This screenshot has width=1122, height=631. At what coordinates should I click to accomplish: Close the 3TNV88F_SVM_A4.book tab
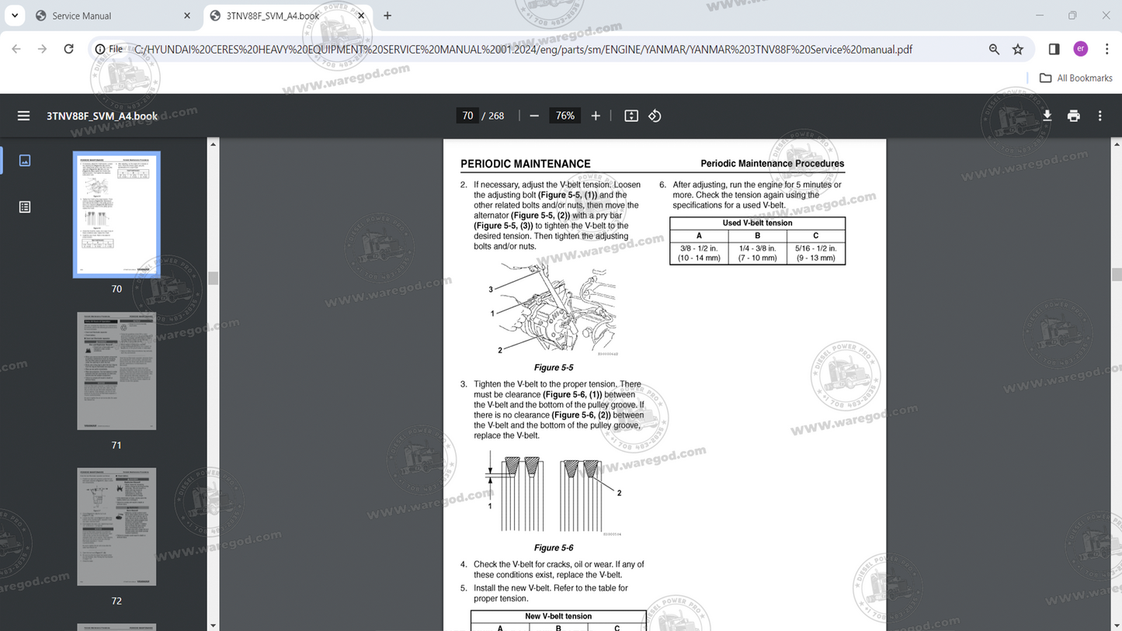361,16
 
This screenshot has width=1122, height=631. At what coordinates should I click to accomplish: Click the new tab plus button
387,16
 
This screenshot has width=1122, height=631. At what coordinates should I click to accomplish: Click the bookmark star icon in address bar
1018,49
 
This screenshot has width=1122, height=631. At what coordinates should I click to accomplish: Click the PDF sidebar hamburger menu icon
23,116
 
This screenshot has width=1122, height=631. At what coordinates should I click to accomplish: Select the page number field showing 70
467,116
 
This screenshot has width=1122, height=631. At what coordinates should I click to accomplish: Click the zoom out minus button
534,116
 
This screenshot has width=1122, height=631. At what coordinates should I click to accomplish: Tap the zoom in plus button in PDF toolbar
596,116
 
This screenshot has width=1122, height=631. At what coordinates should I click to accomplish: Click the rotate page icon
655,116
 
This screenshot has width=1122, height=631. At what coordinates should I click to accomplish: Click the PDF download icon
1047,116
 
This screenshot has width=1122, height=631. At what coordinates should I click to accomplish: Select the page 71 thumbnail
116,371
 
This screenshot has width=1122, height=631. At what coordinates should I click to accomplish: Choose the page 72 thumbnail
116,526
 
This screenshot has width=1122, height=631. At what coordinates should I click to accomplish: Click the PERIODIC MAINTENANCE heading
525,164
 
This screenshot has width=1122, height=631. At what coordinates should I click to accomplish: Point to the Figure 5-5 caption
554,368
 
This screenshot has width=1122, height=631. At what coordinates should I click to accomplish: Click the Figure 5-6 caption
554,548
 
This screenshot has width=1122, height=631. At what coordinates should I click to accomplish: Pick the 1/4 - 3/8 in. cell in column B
757,253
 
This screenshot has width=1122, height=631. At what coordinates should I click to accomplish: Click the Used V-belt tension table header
757,223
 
